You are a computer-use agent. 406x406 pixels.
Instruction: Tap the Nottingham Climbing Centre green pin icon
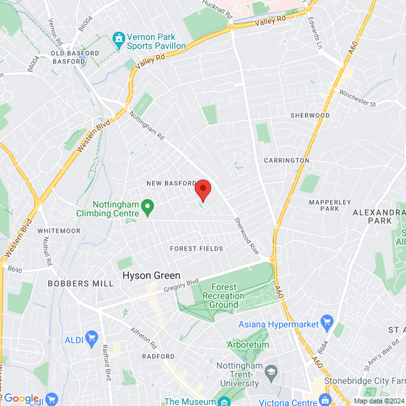(148, 206)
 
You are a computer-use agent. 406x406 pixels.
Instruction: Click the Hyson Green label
(151, 276)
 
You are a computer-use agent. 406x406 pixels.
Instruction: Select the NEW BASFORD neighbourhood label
(171, 183)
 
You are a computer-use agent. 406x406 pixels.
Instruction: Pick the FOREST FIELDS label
(197, 249)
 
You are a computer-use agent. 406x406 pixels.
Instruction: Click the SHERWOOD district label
(310, 115)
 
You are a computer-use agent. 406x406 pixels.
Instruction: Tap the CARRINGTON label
(286, 160)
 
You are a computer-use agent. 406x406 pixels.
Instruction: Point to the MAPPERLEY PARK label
(330, 205)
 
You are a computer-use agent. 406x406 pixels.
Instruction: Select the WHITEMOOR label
(59, 230)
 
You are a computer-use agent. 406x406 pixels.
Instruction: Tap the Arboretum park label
(248, 344)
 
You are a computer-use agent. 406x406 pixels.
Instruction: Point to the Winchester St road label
(358, 100)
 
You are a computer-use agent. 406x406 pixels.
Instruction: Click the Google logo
(21, 398)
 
